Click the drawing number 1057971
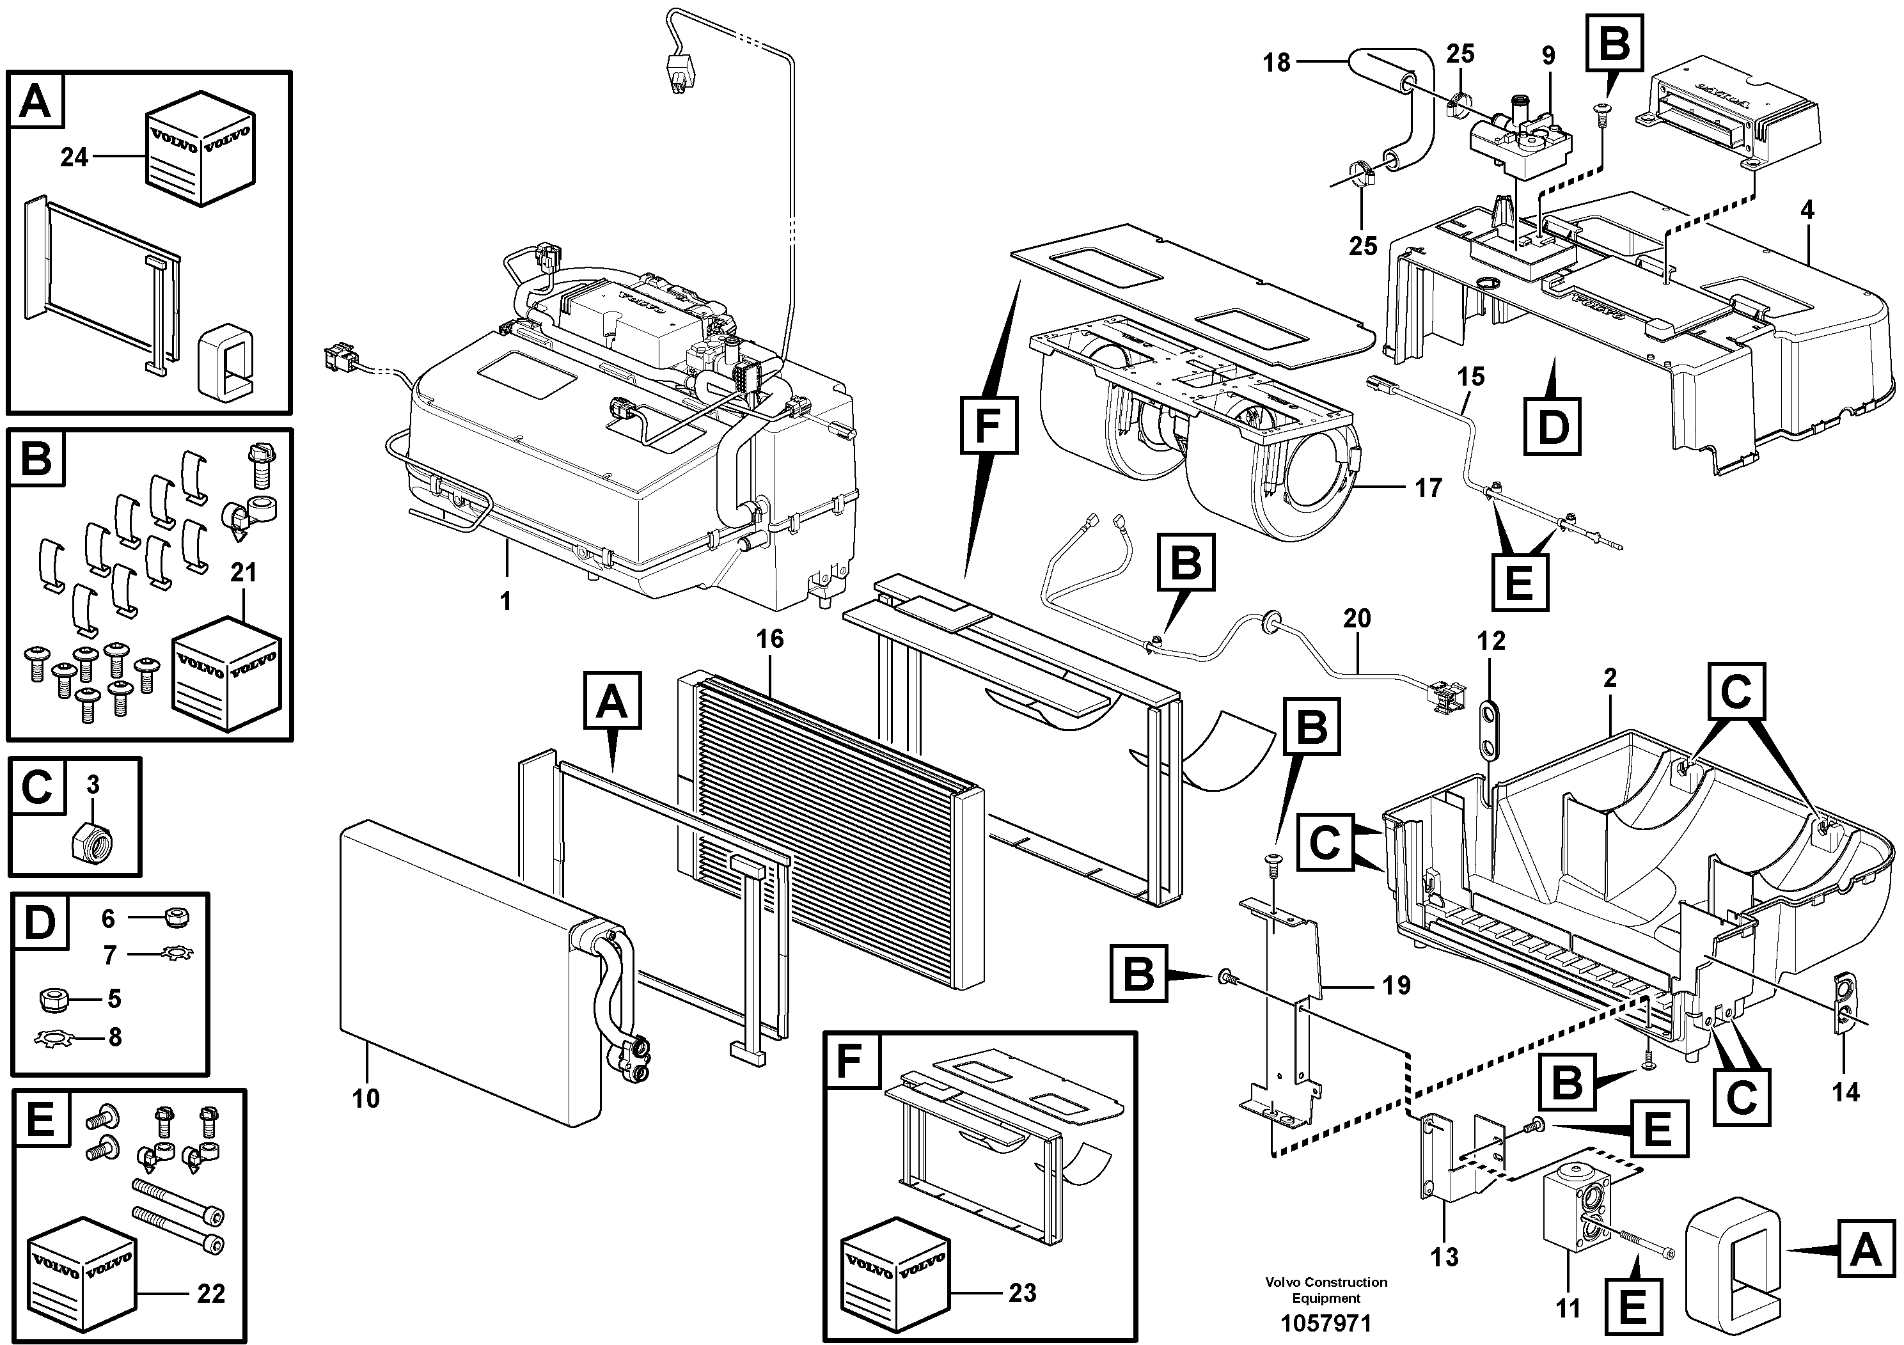[x=1326, y=1323]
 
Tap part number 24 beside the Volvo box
[x=74, y=156]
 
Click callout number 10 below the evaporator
[x=366, y=1099]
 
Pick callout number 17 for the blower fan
[x=1429, y=487]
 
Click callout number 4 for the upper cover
[x=1808, y=210]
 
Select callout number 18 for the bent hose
[x=1278, y=62]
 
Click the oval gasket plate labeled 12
[x=1491, y=729]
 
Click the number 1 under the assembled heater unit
[x=506, y=601]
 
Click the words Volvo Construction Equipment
[x=1326, y=1289]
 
